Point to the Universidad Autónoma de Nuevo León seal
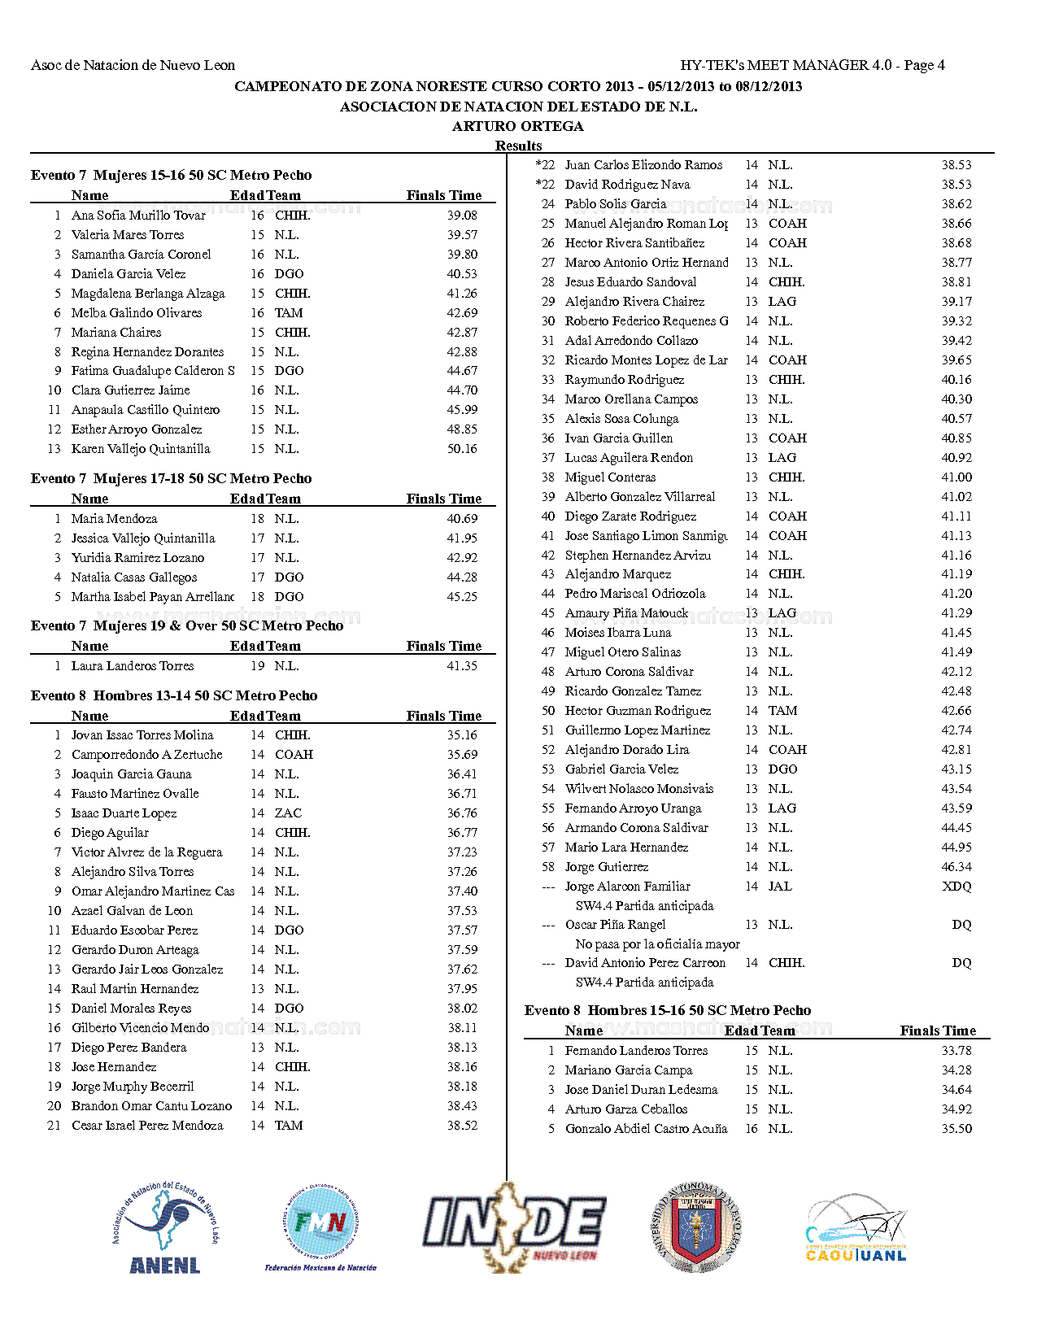(697, 1227)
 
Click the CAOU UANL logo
(856, 1230)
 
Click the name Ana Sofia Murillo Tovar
(138, 216)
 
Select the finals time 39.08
(462, 216)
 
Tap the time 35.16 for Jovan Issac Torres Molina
(462, 735)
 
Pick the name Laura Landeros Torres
(133, 666)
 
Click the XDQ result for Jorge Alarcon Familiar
(956, 887)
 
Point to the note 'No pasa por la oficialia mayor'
(657, 944)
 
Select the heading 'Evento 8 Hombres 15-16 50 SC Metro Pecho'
(668, 1011)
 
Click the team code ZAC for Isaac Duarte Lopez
(288, 813)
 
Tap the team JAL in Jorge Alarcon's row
(779, 887)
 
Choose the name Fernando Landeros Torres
(636, 1051)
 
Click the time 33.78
(956, 1051)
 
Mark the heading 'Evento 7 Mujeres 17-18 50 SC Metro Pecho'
(172, 479)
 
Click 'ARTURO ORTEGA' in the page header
(518, 126)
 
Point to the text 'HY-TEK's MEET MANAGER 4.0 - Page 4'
(813, 65)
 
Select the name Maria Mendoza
(115, 519)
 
